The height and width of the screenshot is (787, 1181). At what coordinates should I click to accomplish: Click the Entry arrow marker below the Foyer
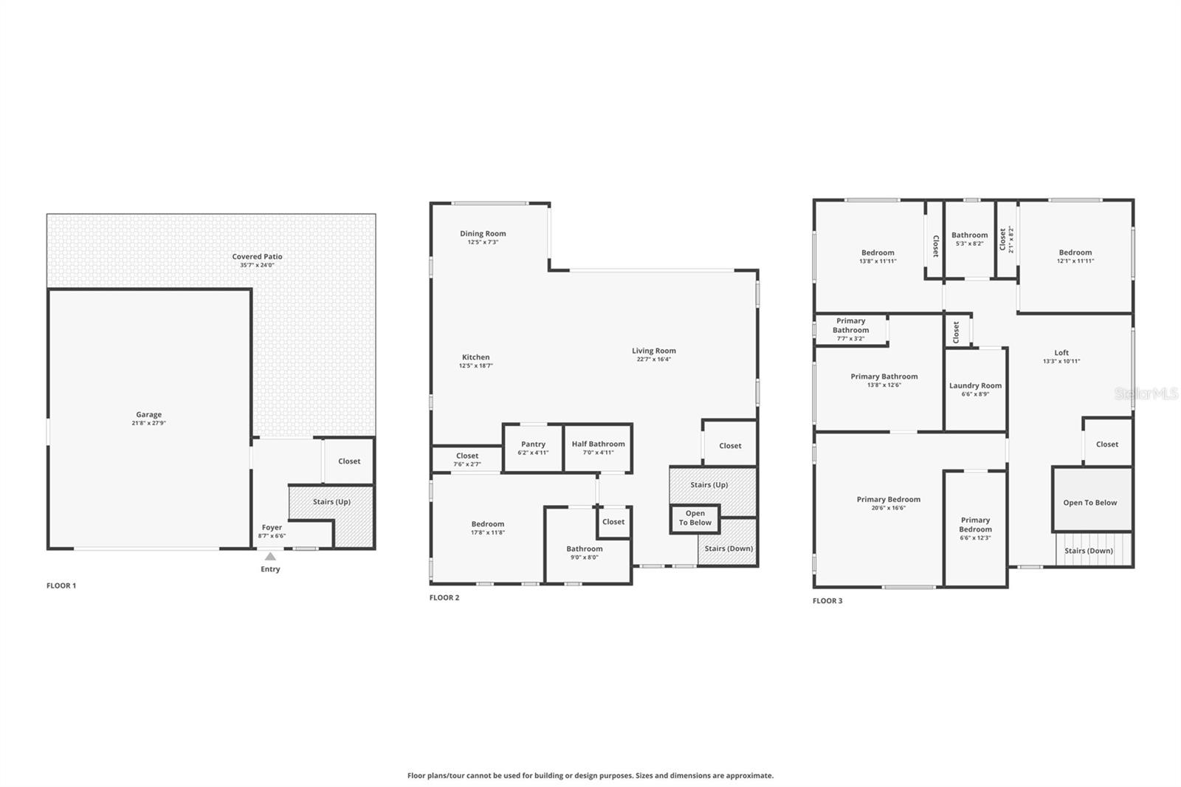[x=270, y=557]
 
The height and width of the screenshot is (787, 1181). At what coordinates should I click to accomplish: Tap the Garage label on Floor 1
[x=148, y=415]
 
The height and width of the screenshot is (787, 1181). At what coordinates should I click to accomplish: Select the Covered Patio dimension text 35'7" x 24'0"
[x=257, y=265]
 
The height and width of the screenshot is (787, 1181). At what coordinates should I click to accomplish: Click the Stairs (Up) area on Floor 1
[x=331, y=502]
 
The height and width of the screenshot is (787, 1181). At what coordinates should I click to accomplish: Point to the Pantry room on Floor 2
[x=533, y=448]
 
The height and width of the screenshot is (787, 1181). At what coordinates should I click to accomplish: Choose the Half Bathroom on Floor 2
[x=598, y=448]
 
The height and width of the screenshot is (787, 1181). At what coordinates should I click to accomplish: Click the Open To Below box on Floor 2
[x=695, y=518]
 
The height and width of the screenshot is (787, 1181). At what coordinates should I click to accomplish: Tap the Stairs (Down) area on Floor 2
[x=729, y=549]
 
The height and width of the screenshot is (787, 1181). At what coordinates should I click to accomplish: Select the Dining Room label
[x=483, y=234]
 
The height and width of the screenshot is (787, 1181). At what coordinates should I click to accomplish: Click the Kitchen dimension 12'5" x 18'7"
[x=476, y=366]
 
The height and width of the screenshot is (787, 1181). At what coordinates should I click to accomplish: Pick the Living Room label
[x=653, y=351]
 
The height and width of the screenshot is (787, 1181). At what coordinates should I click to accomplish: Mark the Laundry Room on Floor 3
[x=975, y=389]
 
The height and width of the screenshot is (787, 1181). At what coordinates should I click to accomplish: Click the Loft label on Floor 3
[x=1061, y=353]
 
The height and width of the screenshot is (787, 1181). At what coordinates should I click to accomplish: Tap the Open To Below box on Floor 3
[x=1090, y=503]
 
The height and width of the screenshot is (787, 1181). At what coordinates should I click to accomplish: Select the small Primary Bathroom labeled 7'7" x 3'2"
[x=850, y=329]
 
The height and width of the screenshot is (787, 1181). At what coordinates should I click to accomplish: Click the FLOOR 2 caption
[x=444, y=598]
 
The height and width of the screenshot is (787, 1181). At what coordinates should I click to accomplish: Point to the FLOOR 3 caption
[x=827, y=601]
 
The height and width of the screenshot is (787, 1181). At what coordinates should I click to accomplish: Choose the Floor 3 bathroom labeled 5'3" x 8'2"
[x=969, y=238]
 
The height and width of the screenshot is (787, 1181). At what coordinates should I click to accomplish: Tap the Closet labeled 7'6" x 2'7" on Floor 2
[x=467, y=459]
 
